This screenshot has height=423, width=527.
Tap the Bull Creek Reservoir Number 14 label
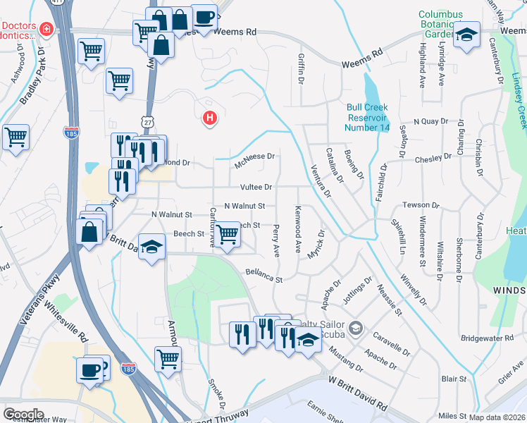click(368, 117)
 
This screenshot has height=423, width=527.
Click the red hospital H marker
click(209, 118)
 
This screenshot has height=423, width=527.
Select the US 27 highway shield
click(147, 123)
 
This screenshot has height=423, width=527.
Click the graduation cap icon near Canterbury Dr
click(466, 35)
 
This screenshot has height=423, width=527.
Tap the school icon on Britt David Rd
click(151, 247)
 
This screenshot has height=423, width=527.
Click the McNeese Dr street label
click(254, 157)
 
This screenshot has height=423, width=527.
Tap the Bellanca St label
click(263, 276)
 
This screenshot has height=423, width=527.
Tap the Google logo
click(23, 414)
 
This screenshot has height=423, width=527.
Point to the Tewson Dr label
click(421, 205)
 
